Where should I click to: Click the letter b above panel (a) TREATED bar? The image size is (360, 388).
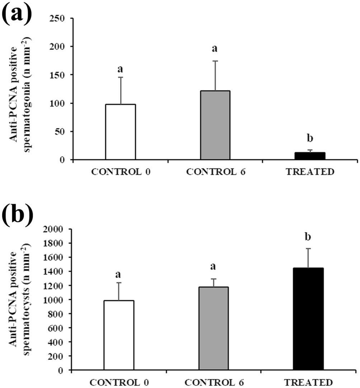(x=309, y=138)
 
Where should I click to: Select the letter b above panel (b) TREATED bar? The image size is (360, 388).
(x=308, y=237)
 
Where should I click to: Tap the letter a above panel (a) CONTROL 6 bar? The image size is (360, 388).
(x=215, y=48)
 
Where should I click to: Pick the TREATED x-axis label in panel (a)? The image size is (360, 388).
(x=310, y=171)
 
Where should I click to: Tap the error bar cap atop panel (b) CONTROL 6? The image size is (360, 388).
(x=214, y=279)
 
